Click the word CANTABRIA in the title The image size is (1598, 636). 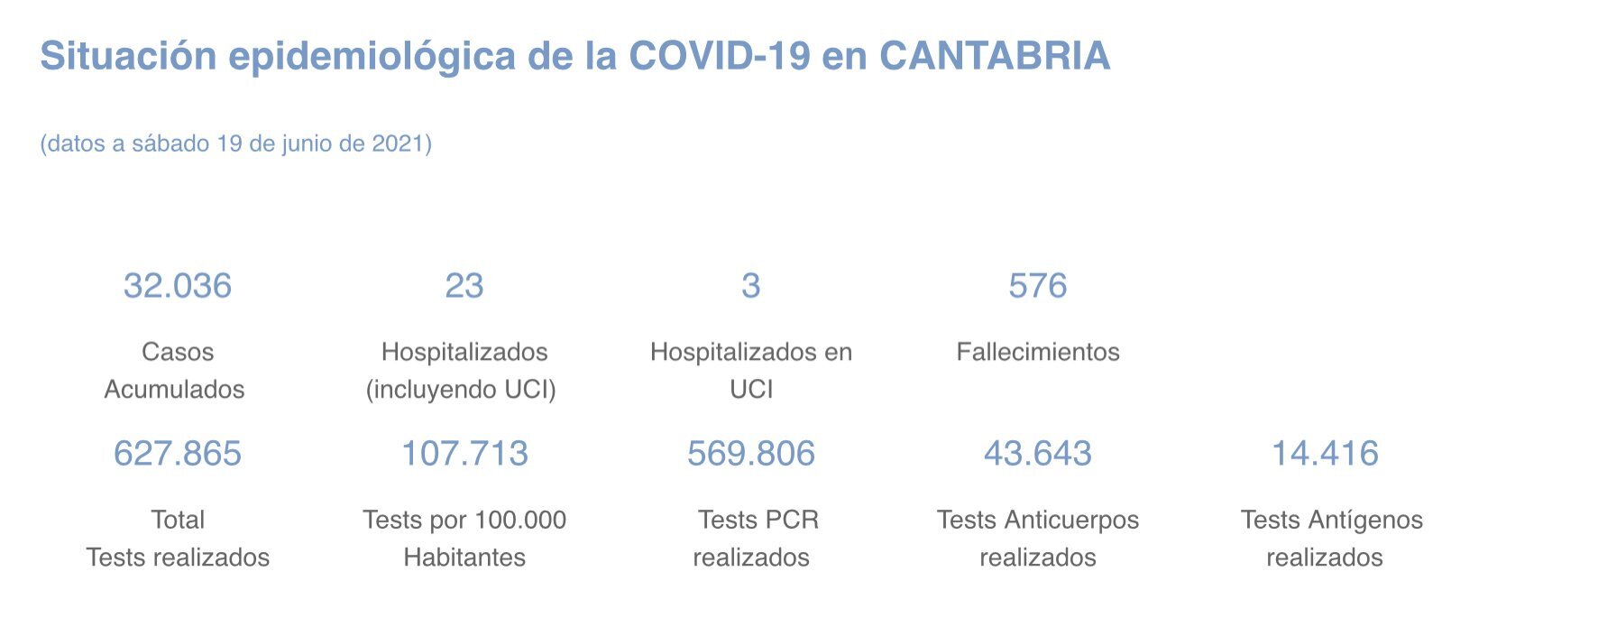pyautogui.click(x=995, y=56)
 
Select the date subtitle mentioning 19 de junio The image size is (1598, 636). pyautogui.click(x=236, y=143)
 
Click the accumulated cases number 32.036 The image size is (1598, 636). pyautogui.click(x=178, y=286)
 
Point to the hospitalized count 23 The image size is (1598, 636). pyautogui.click(x=464, y=286)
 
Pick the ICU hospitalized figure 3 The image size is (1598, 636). pyautogui.click(x=750, y=286)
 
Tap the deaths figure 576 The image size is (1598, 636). pyautogui.click(x=1037, y=286)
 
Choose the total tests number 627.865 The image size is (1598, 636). pyautogui.click(x=178, y=453)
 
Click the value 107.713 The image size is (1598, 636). pyautogui.click(x=464, y=453)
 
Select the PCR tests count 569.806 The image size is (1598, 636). pyautogui.click(x=750, y=453)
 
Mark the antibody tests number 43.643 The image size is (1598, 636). pyautogui.click(x=1037, y=453)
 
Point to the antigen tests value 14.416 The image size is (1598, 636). pyautogui.click(x=1324, y=453)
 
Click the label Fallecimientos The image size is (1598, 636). pyautogui.click(x=1037, y=352)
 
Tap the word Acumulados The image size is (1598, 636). pyautogui.click(x=174, y=390)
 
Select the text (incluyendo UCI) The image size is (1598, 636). pyautogui.click(x=461, y=390)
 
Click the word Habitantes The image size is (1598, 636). pyautogui.click(x=464, y=558)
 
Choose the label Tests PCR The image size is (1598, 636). pyautogui.click(x=758, y=520)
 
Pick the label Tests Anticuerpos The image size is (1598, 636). pyautogui.click(x=1037, y=520)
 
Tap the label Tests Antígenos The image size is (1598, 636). pyautogui.click(x=1331, y=520)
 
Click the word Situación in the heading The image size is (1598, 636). pyautogui.click(x=128, y=56)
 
